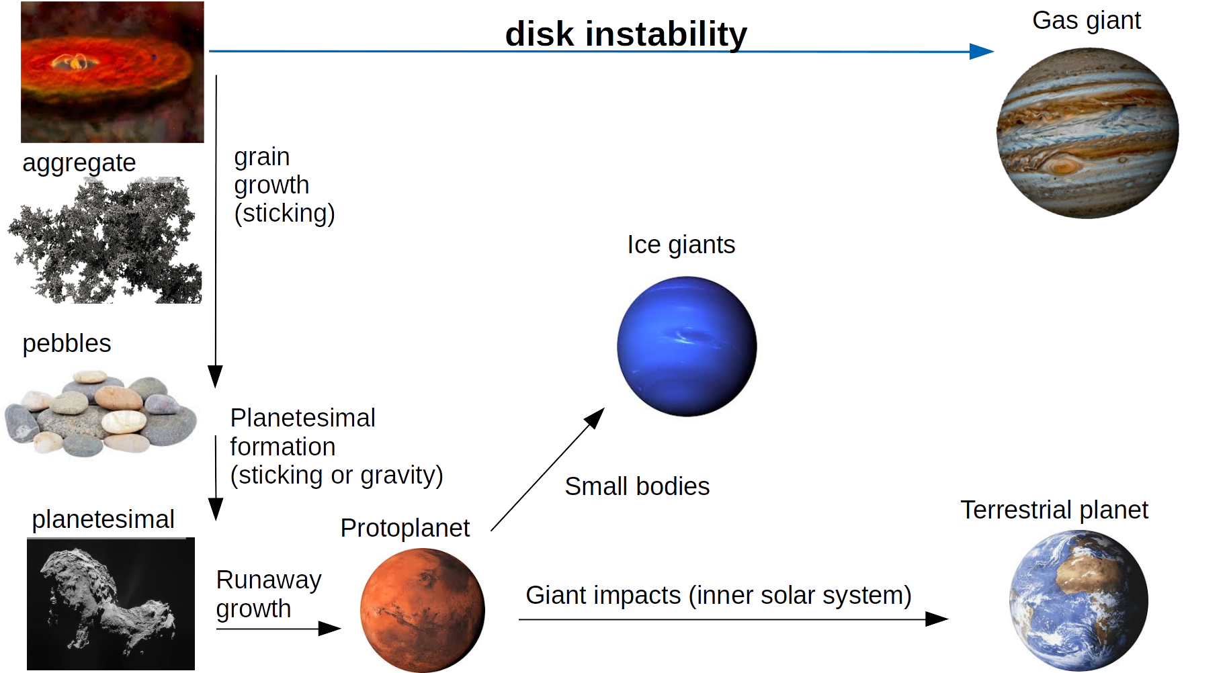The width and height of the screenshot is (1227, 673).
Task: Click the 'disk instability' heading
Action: (626, 34)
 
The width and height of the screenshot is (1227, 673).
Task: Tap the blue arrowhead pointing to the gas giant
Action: (982, 51)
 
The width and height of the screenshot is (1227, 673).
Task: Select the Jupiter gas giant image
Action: (1087, 133)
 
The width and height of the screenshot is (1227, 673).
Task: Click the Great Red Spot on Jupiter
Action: (1061, 164)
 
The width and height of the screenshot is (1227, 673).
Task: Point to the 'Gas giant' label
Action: (1087, 21)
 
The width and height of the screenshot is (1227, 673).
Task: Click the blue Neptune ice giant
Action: (687, 347)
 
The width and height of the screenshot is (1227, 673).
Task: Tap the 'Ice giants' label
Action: (681, 245)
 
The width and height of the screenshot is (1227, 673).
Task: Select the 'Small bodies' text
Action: (637, 486)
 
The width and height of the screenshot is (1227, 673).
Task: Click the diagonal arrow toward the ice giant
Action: (548, 469)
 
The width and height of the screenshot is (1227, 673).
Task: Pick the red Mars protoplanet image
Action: (423, 610)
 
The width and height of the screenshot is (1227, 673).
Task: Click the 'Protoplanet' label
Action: (405, 528)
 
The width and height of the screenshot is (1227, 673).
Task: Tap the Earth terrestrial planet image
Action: (1078, 600)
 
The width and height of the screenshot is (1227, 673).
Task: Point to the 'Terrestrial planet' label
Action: (1054, 510)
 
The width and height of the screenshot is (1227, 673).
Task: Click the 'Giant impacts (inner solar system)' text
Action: (718, 596)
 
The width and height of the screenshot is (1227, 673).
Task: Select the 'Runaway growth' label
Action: (269, 594)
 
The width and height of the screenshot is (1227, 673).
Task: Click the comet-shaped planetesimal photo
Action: (111, 604)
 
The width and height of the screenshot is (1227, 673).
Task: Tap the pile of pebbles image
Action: (101, 413)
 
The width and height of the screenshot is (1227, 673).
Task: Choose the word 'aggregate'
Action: (79, 163)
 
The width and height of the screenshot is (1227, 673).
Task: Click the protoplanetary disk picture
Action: (112, 72)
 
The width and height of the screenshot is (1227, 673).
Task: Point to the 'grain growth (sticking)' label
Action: (284, 185)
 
